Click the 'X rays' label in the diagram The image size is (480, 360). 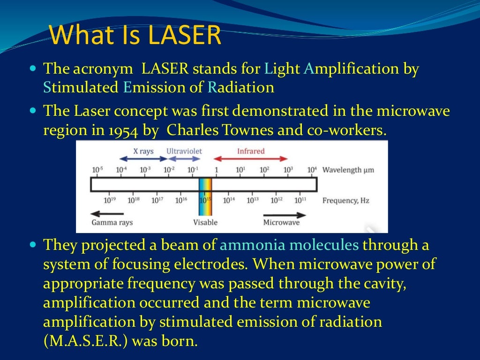143,151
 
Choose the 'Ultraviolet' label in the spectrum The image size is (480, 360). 185,151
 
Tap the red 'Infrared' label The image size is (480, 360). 251,151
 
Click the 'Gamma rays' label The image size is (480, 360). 112,222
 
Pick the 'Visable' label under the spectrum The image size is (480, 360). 205,222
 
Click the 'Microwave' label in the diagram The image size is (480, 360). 281,222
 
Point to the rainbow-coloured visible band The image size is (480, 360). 205,196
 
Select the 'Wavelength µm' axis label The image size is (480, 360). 348,170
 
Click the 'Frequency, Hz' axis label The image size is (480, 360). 346,200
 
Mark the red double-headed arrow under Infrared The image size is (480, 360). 251,159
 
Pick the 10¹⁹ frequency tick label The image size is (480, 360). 110,200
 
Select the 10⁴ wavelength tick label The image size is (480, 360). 312,170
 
